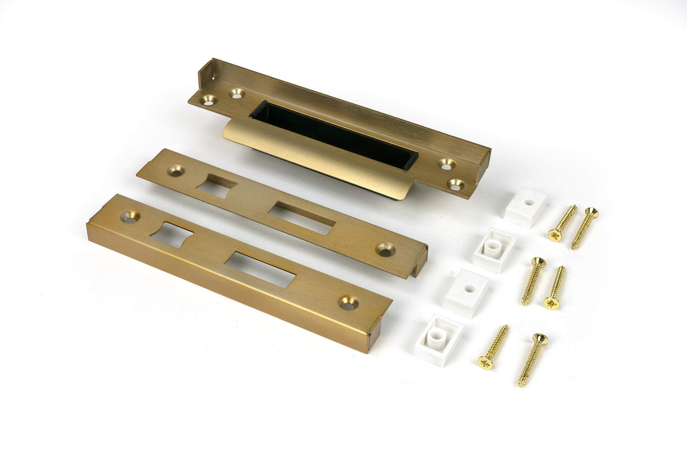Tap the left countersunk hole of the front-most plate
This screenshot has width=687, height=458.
pyautogui.click(x=130, y=216)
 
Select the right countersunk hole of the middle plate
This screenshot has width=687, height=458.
pyautogui.click(x=385, y=250)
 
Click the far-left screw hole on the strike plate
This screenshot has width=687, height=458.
pyautogui.click(x=209, y=101)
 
